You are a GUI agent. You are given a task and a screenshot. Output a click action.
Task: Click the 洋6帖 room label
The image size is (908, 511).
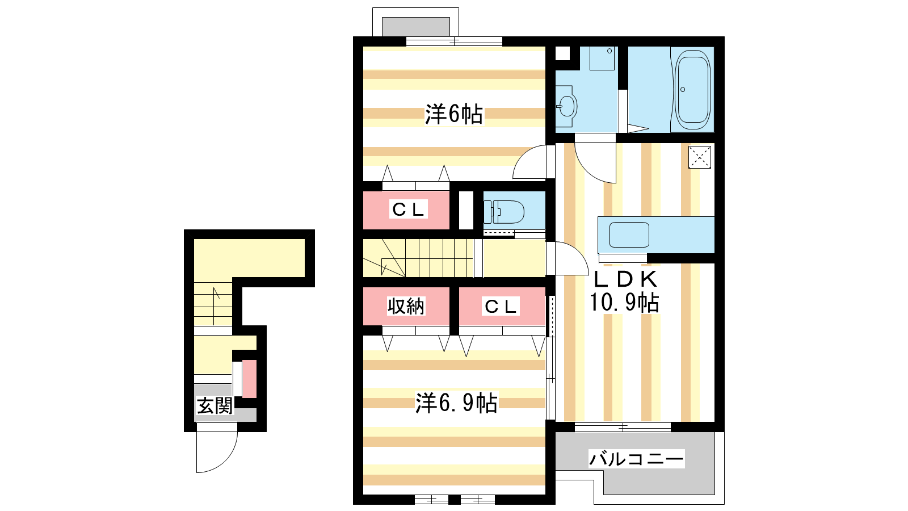click(x=453, y=114)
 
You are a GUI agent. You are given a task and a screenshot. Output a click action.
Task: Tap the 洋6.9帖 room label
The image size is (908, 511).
click(x=456, y=403)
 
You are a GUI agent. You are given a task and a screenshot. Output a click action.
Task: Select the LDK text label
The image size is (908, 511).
click(x=625, y=279)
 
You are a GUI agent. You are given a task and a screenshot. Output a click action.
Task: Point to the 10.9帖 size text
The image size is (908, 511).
click(x=624, y=302)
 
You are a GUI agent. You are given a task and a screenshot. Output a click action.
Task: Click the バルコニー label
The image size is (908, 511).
click(x=636, y=459)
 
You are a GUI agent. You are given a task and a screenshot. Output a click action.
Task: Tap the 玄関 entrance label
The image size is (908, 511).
click(x=215, y=405)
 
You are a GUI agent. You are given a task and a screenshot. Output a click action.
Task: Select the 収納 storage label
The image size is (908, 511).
click(x=406, y=306)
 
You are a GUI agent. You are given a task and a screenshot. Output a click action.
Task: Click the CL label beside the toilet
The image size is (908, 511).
click(x=408, y=210)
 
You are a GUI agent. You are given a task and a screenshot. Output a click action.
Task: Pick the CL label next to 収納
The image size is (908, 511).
click(x=501, y=306)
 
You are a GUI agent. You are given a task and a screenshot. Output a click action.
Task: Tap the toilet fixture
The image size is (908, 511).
click(x=504, y=212)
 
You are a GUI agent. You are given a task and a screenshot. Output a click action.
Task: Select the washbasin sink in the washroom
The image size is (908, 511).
click(x=566, y=106)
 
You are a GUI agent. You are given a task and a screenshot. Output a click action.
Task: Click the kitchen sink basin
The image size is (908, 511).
click(x=629, y=235)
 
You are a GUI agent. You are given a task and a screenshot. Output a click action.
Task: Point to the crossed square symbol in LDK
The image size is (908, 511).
click(x=700, y=157)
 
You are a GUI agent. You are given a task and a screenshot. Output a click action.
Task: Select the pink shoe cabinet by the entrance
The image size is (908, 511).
click(x=249, y=379)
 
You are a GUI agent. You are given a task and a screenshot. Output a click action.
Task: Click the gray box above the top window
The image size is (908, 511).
click(x=416, y=27)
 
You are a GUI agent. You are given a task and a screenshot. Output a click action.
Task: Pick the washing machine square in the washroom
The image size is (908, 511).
click(x=602, y=58)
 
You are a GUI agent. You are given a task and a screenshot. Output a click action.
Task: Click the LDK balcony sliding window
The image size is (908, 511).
click(x=623, y=426)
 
